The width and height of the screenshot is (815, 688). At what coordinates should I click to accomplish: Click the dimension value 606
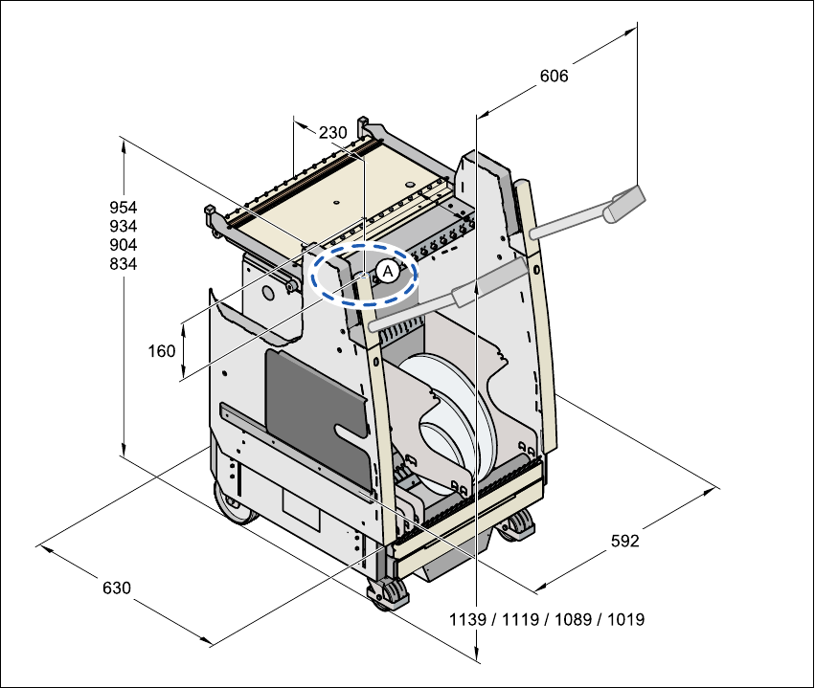tap(554, 77)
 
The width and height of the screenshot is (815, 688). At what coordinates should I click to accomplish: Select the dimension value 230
tap(332, 133)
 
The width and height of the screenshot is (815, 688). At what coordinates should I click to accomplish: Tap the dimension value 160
tap(162, 351)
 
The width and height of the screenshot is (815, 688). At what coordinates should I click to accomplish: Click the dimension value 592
tap(624, 541)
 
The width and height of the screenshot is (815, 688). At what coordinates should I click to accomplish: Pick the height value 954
tap(123, 207)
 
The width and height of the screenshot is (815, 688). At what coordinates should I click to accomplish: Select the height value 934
tap(123, 226)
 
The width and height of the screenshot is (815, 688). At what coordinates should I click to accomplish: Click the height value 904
tap(123, 245)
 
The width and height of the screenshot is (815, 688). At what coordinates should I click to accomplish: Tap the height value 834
tap(123, 264)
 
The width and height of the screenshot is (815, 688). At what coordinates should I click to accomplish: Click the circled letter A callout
tap(385, 271)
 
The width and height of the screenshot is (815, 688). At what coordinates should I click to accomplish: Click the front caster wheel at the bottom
tap(389, 594)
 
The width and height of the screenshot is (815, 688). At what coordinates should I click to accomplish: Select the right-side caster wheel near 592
tap(519, 524)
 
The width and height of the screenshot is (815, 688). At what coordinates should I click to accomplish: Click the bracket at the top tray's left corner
tap(214, 217)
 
